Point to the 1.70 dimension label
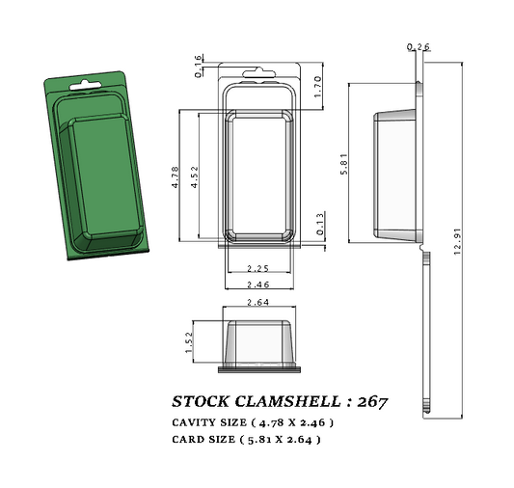coord(317,87)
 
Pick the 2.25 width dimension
coord(257,267)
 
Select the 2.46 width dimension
coord(257,285)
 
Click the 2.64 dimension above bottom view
coord(257,303)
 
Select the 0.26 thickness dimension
coord(419,46)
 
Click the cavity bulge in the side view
coord(395,175)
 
